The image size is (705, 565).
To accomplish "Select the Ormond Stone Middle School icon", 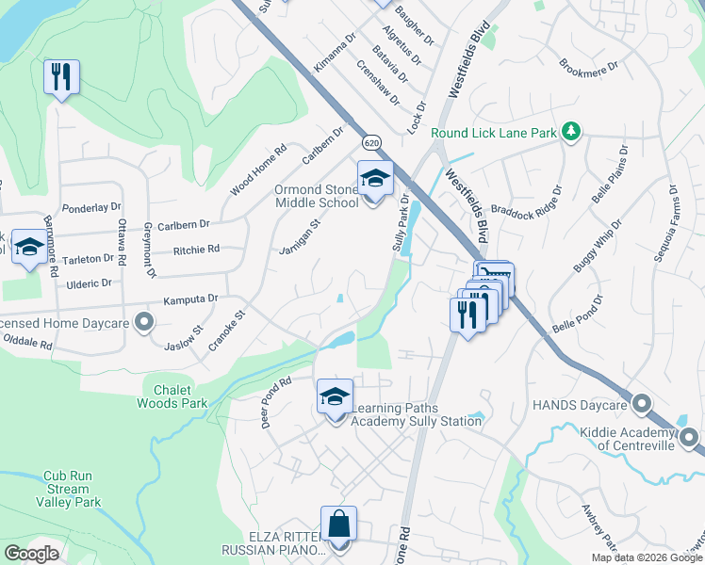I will coord(375,178).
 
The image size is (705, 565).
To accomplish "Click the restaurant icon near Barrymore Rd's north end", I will coord(61,76).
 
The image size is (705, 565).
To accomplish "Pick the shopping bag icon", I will coord(338,525).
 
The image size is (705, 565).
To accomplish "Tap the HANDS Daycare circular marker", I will coord(642,404).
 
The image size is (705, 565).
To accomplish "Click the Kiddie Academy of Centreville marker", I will coord(689,437).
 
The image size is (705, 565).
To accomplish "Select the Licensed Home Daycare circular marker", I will coord(144,324).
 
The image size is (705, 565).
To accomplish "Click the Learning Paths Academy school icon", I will coord(335,397).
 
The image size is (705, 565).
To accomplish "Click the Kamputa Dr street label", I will coord(190,299).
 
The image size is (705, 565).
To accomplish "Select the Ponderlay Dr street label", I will coord(91,207).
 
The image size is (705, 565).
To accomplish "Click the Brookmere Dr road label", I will coord(587,69).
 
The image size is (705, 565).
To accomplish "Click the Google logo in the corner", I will coord(31,554).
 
